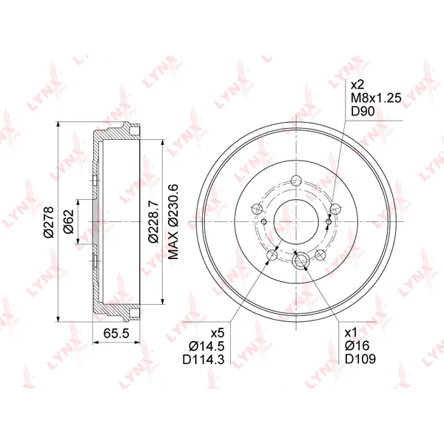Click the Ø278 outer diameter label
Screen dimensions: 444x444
48,222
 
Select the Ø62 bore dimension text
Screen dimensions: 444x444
69,222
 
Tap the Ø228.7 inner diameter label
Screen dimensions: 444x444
154,222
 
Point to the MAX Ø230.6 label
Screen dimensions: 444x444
173,222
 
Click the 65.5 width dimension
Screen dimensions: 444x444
116,333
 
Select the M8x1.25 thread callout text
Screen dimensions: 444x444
376,98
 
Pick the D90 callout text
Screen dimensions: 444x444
363,111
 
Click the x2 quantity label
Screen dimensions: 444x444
357,84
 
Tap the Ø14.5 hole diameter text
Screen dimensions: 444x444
206,346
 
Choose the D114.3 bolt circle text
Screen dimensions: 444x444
203,360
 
